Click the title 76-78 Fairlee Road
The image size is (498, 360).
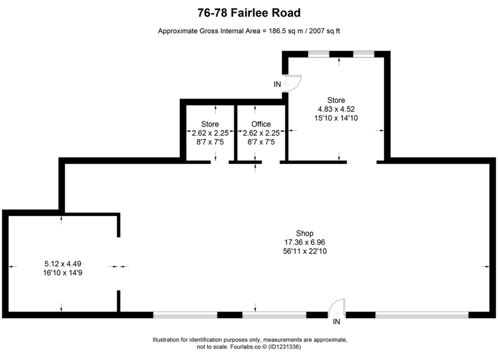(x=249, y=12)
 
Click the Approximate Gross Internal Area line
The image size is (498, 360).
(x=249, y=31)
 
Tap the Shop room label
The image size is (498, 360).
(x=305, y=233)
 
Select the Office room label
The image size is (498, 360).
(x=261, y=124)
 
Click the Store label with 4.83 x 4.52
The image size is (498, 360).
(x=336, y=100)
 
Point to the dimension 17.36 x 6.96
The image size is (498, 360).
(x=305, y=242)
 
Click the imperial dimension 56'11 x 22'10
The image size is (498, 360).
(x=305, y=250)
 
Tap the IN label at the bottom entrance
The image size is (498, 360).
(x=336, y=322)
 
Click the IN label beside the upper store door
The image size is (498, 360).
(x=277, y=84)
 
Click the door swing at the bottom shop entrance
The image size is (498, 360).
(x=337, y=307)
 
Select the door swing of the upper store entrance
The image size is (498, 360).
(x=292, y=83)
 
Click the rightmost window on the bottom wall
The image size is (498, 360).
(x=422, y=315)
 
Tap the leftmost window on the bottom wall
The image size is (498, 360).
(x=185, y=315)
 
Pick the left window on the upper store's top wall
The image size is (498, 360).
(x=319, y=54)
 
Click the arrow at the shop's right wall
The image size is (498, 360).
(x=486, y=266)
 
